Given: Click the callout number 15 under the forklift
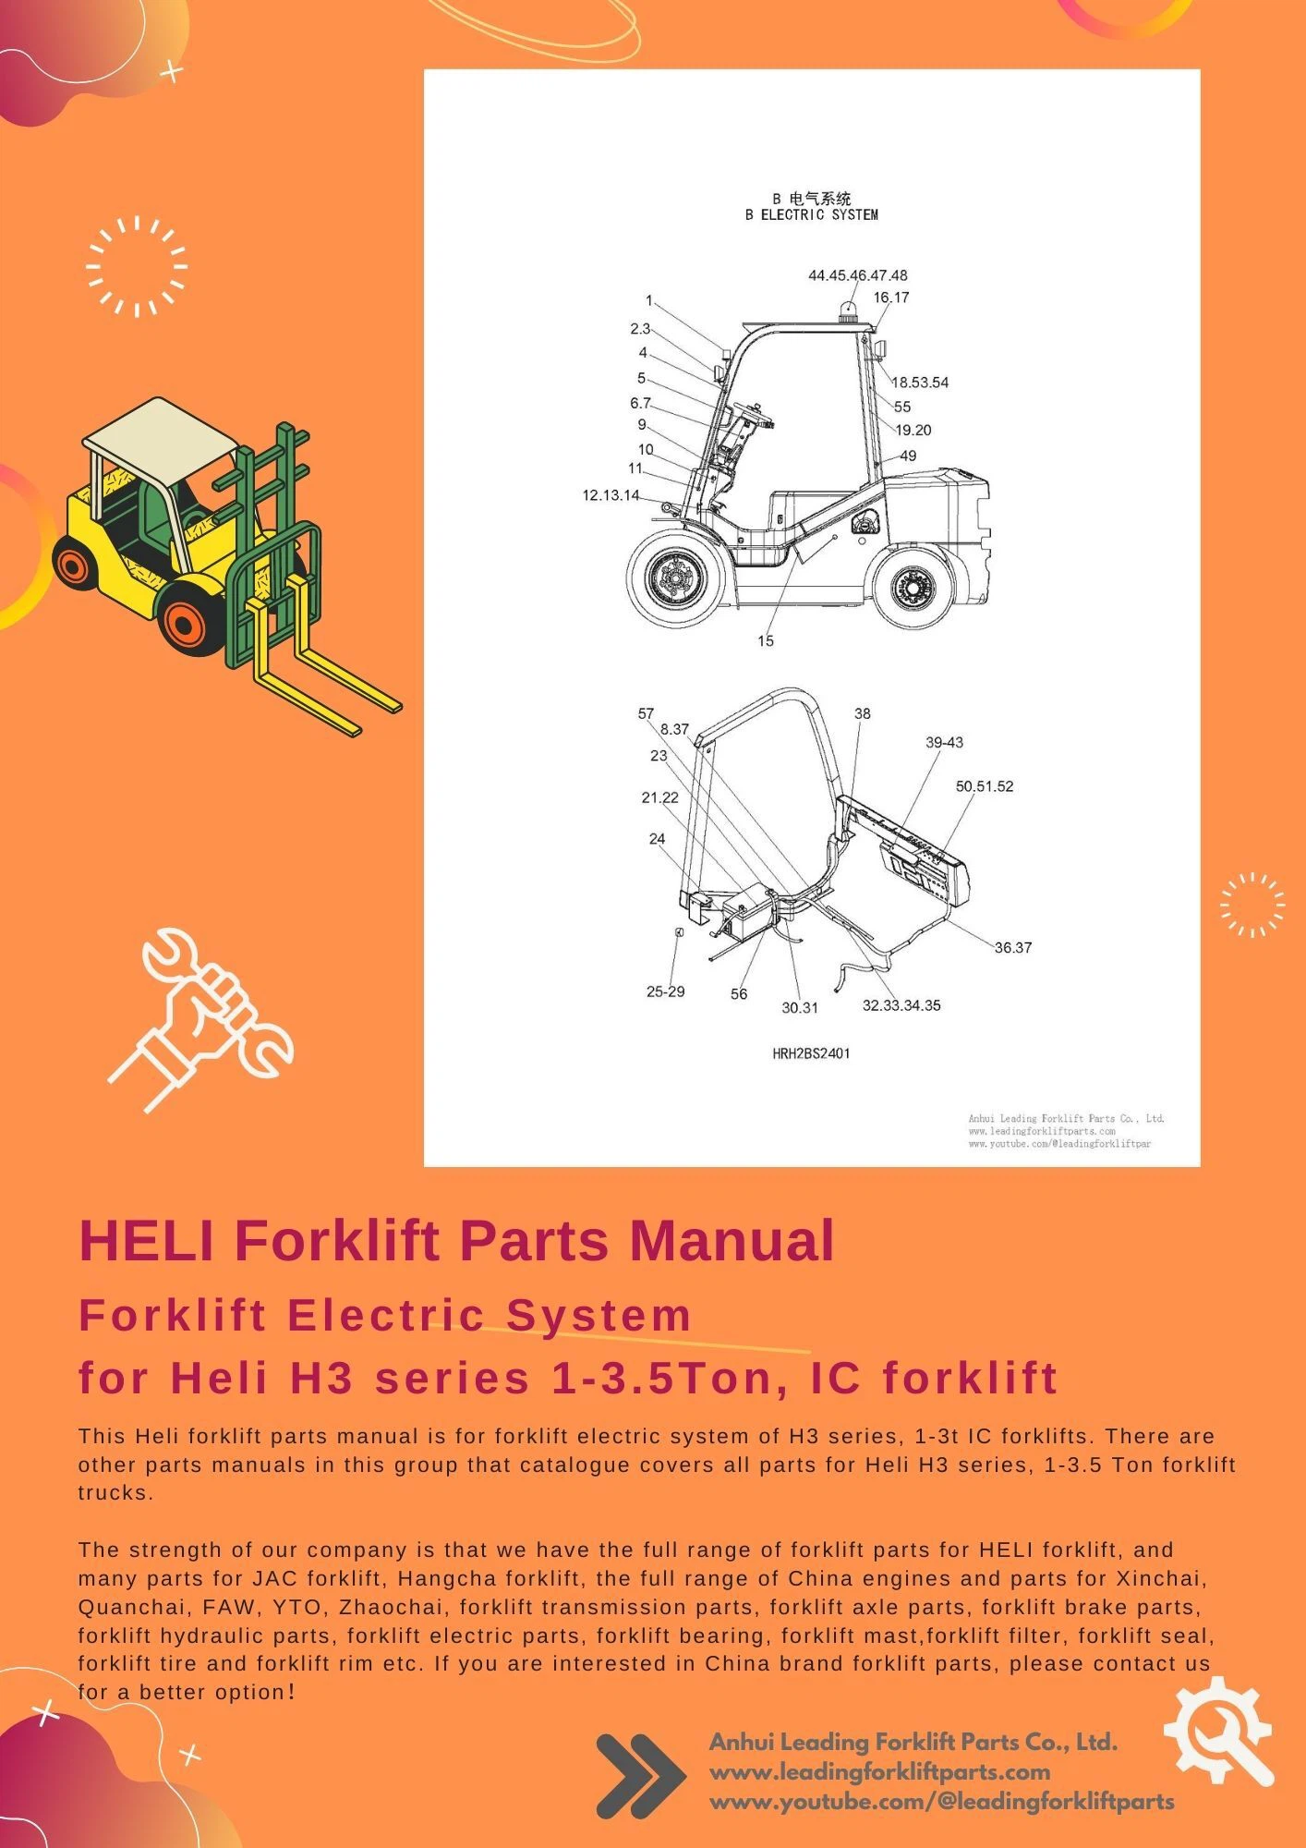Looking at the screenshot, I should tap(765, 641).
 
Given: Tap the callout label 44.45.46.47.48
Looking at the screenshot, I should tap(857, 275).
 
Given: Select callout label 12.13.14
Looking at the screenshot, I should tap(611, 495).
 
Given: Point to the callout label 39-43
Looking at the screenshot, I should tap(944, 743).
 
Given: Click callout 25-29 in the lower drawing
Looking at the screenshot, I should tap(665, 991).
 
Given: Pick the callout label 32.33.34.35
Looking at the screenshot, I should tap(901, 1005).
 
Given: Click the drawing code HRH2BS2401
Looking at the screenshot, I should tap(811, 1053).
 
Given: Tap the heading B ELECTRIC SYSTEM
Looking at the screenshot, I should tap(811, 215).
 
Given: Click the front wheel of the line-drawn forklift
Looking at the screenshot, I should tap(674, 578).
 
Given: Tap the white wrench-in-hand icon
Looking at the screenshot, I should tap(203, 1016).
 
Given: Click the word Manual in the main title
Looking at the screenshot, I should tap(732, 1240).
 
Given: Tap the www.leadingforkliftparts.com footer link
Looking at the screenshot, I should tap(879, 1772).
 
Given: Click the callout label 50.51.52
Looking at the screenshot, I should tap(984, 787).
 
